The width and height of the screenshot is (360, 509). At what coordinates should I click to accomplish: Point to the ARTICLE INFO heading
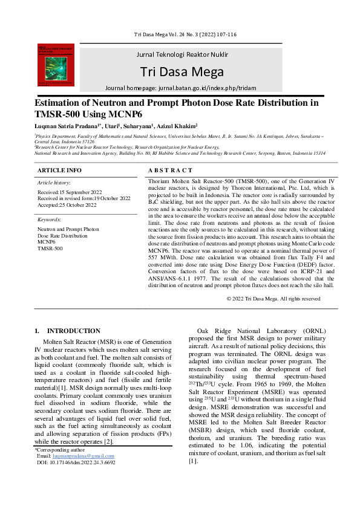click(59, 170)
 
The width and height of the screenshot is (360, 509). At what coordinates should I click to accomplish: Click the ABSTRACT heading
click(170, 170)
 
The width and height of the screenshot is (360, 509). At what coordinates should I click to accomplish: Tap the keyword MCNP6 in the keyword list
click(46, 242)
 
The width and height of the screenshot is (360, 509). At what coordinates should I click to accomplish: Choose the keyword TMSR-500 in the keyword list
click(50, 248)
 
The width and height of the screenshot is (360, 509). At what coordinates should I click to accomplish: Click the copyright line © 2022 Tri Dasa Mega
click(273, 299)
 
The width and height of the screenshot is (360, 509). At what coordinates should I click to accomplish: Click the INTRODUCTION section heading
click(69, 331)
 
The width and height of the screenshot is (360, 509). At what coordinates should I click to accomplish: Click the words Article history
click(53, 182)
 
